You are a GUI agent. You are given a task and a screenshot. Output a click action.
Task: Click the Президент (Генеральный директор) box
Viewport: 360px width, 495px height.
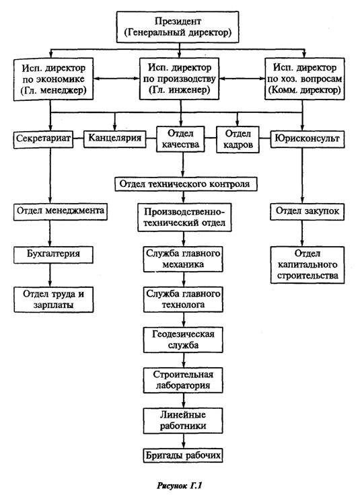coord(178,27)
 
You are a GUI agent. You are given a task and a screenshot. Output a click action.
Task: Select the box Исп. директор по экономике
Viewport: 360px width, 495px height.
coord(53,79)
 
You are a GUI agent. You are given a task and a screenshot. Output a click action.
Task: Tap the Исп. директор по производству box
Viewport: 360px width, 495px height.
coord(180,79)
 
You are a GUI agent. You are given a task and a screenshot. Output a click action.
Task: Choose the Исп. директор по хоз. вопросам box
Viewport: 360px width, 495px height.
coord(304,79)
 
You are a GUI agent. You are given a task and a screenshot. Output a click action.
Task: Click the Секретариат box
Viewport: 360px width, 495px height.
coord(43,139)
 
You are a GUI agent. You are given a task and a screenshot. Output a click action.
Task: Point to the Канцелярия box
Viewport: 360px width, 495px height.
coord(114,139)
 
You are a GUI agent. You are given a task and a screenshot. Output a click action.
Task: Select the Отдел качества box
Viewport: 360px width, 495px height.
coord(180,139)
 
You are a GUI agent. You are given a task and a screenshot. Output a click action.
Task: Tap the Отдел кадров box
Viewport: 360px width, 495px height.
coord(238,139)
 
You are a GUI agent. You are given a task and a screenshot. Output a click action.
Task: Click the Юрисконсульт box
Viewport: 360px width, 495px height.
coord(308,139)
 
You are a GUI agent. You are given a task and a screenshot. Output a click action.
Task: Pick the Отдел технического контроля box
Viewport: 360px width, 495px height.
coord(186,184)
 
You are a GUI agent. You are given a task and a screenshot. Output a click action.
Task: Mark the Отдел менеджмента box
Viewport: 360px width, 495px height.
coord(61,211)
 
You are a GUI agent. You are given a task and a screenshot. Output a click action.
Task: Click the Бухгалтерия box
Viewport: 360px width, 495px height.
coord(53,254)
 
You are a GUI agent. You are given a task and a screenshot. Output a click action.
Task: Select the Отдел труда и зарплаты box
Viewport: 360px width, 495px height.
coord(53,299)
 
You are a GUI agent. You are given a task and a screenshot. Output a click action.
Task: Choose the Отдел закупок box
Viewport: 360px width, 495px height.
coord(308,211)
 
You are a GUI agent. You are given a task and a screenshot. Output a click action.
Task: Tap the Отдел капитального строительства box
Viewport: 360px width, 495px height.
coord(308,264)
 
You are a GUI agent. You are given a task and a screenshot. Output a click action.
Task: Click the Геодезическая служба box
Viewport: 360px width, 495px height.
coord(183,340)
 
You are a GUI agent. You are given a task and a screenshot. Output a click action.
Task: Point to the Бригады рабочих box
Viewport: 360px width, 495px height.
coord(183,456)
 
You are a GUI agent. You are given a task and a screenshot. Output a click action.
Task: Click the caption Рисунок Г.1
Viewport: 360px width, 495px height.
coord(180,485)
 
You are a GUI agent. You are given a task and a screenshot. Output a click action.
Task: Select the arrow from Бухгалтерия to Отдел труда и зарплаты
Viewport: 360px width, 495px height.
coord(50,275)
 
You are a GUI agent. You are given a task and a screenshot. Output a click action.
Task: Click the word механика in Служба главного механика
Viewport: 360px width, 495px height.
coord(183,264)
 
